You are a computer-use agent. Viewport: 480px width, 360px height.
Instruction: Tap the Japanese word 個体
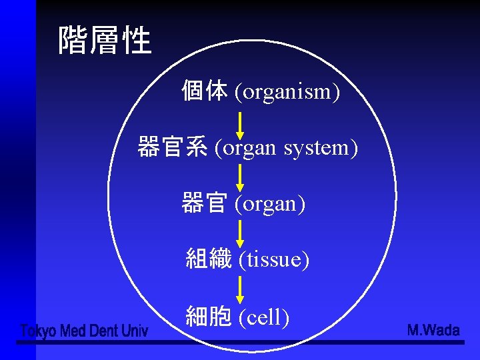[x=205, y=91]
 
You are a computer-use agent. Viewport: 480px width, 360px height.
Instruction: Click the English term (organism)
[x=287, y=92]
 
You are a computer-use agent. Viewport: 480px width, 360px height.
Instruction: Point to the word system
[x=321, y=147]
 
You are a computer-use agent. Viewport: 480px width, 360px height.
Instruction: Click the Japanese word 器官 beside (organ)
[x=204, y=203]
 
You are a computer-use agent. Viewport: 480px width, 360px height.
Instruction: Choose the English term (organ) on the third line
[x=270, y=203]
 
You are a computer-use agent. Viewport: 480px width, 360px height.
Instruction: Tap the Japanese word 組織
[x=209, y=259]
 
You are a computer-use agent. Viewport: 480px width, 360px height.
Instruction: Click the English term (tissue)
[x=274, y=259]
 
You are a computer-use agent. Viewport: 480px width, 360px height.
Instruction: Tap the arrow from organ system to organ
[x=241, y=177]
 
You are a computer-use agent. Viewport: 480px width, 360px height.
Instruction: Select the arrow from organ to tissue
[x=241, y=234]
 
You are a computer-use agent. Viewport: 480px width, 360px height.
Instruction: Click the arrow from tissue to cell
[x=241, y=290]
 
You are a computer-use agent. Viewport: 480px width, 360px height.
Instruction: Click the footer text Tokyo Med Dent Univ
[x=84, y=330]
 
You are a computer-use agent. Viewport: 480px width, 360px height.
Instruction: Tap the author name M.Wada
[x=433, y=330]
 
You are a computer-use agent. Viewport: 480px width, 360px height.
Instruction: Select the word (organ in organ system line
[x=245, y=147]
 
